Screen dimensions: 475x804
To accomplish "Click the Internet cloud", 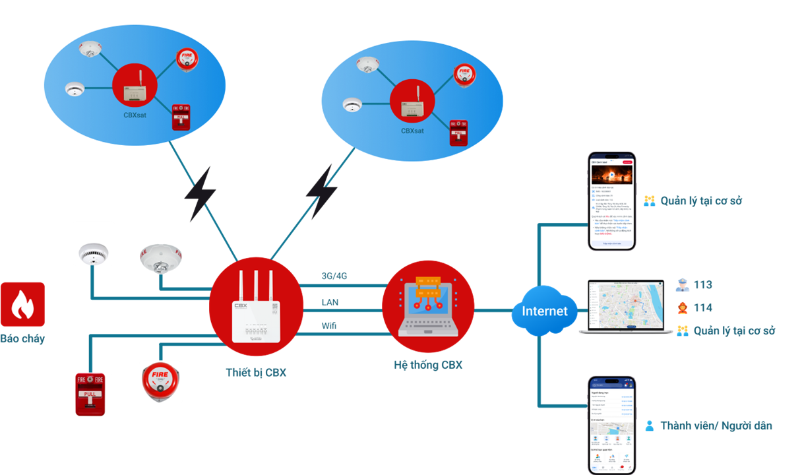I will (x=544, y=311).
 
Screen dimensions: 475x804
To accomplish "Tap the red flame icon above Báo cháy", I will (x=22, y=304).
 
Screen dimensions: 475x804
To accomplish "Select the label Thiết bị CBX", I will (x=256, y=372).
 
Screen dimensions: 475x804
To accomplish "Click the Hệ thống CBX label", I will (x=428, y=364).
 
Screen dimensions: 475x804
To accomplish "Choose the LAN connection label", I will (x=330, y=301).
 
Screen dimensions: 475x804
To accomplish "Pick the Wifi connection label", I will (x=329, y=326).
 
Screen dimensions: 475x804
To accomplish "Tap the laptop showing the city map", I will (x=625, y=306).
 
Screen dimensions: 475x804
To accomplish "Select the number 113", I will (x=703, y=285).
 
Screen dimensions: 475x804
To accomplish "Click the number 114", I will (x=703, y=307).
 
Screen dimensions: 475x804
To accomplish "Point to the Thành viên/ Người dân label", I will (x=716, y=426).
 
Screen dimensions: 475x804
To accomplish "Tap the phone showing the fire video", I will (x=611, y=202).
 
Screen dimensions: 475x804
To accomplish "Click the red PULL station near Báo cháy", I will (x=90, y=394).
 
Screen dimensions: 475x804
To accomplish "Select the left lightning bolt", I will (x=199, y=195).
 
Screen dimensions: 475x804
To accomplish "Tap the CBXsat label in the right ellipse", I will (x=412, y=131).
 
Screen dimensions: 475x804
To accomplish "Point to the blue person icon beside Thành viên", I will (x=650, y=426).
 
